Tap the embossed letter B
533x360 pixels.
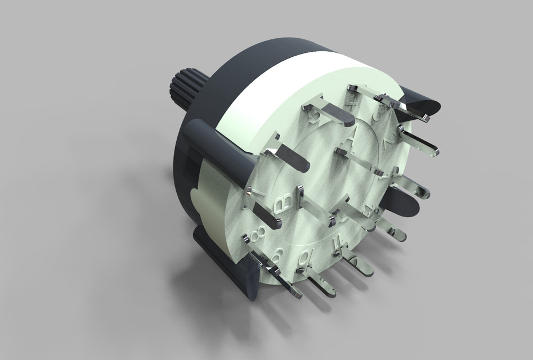283,202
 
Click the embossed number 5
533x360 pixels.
315,116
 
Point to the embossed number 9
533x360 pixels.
277,255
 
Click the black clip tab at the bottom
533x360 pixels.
225,264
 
